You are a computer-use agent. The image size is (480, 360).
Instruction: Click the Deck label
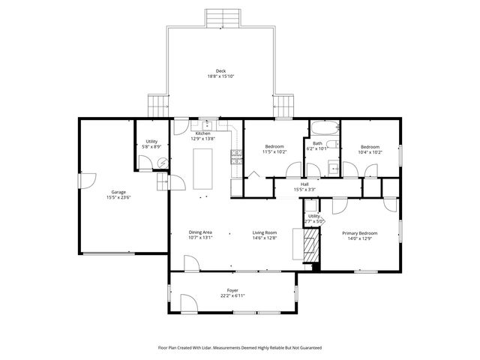point(220,71)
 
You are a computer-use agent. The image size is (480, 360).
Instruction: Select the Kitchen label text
point(203,133)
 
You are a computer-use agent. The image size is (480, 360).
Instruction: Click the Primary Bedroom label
point(360,233)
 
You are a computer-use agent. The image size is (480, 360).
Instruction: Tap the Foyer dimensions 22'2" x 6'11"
point(232,295)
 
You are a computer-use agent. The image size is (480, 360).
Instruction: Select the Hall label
point(304,184)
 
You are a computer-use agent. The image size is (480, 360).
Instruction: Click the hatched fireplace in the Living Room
point(310,244)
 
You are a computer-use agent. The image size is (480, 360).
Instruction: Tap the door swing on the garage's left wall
point(87,181)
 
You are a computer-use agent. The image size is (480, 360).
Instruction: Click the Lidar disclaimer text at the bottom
point(239,347)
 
